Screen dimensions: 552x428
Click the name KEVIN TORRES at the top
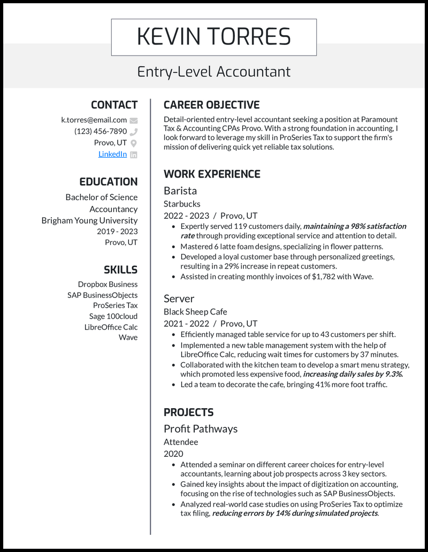click(213, 37)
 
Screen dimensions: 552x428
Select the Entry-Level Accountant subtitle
click(213, 71)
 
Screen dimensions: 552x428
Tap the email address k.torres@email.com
click(94, 120)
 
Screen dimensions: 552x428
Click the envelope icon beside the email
click(134, 120)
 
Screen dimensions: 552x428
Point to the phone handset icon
click(134, 132)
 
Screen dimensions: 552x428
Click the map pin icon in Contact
click(134, 143)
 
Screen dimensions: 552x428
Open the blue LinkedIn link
click(112, 154)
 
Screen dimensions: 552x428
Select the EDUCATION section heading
click(108, 182)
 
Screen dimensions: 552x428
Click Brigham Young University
click(89, 220)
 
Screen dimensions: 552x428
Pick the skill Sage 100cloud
click(113, 316)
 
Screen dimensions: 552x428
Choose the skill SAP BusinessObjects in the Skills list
click(102, 295)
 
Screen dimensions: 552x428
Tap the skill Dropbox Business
click(108, 284)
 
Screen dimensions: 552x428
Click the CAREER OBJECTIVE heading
click(211, 105)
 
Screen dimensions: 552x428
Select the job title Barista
click(180, 190)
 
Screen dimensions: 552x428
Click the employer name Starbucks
click(182, 204)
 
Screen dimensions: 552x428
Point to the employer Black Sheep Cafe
click(195, 311)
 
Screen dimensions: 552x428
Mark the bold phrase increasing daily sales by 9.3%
click(353, 374)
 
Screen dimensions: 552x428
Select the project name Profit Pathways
click(201, 428)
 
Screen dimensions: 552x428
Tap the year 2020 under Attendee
click(173, 454)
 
